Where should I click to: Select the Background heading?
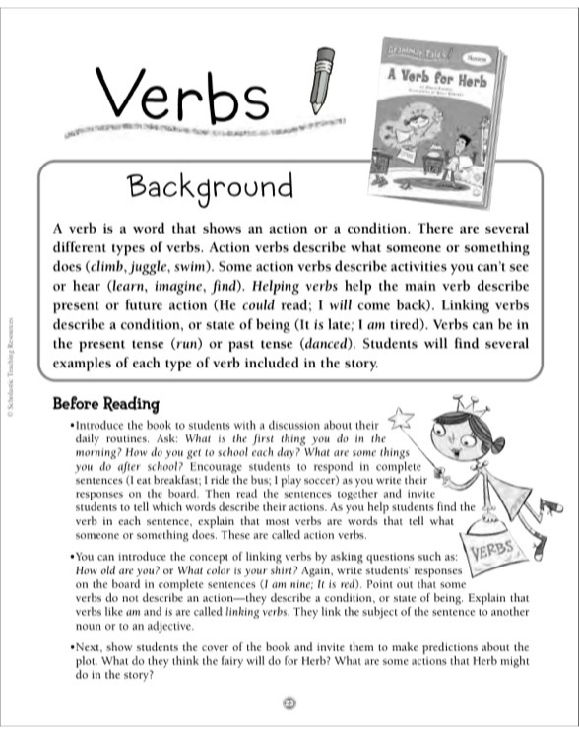[x=212, y=186]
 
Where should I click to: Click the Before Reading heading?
[x=105, y=404]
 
